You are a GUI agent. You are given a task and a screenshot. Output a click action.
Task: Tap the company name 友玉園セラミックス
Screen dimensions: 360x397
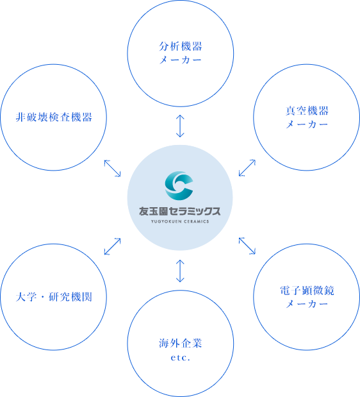[180, 211]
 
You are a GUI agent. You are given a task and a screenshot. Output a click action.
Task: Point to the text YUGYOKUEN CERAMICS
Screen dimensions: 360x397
[180, 221]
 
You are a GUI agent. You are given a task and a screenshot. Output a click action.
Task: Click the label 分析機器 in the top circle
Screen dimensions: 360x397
[181, 46]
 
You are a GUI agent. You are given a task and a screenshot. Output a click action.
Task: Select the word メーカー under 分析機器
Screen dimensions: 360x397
[181, 60]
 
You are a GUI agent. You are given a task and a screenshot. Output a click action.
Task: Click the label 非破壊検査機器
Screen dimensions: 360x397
[54, 117]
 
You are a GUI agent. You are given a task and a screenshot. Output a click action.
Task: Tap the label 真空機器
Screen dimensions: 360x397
[307, 111]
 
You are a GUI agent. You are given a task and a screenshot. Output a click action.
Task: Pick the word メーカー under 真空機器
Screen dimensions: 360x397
[307, 124]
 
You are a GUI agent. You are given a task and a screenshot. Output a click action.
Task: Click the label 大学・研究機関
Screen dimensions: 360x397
[54, 297]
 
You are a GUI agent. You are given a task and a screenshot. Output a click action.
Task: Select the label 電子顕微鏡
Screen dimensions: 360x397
[307, 291]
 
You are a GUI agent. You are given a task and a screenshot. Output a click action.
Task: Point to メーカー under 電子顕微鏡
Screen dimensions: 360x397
[307, 304]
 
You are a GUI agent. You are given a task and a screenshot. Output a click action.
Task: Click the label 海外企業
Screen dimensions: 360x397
[181, 344]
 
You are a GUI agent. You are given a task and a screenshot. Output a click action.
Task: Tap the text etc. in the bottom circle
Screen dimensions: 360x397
[180, 358]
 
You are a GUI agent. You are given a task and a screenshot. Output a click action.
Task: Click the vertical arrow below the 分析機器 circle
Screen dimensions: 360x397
[180, 126]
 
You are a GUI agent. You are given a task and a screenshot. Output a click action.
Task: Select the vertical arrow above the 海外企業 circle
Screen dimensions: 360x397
[180, 271]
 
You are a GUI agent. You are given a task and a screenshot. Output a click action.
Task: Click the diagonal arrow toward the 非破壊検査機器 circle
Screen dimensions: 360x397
[113, 168]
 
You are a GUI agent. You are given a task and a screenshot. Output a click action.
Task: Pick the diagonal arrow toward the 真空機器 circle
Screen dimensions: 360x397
[247, 167]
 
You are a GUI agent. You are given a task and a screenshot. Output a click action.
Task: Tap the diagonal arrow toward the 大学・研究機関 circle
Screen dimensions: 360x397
[113, 246]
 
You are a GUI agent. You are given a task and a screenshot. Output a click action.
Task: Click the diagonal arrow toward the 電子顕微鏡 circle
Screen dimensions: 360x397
[247, 246]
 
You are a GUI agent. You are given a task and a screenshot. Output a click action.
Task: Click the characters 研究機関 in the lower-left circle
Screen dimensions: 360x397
[70, 297]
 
